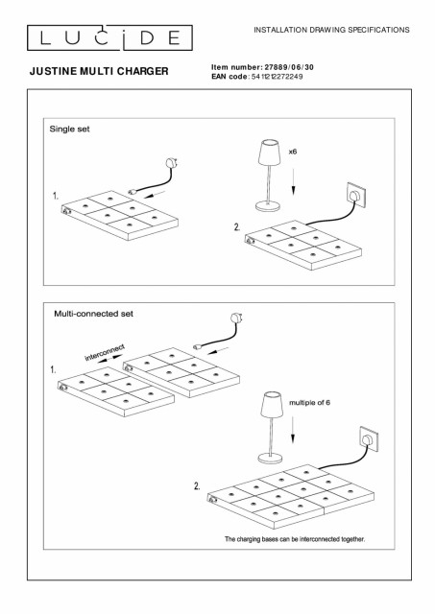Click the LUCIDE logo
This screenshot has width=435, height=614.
109,37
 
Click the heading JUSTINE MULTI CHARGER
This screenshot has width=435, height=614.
99,71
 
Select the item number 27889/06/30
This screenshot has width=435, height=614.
289,67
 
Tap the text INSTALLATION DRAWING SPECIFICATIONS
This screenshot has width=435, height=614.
331,30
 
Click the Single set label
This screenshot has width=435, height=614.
69,129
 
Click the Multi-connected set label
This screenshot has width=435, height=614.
94,314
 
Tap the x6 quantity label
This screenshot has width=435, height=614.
293,152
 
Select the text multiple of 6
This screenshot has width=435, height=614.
309,403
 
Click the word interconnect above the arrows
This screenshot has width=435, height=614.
105,352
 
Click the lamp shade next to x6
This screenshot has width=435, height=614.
270,153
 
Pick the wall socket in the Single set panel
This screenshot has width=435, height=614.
356,194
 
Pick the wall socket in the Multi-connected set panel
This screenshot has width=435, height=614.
369,439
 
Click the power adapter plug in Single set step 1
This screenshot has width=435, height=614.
173,162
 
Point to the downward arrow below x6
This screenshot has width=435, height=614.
293,181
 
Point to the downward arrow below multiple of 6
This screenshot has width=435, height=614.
293,430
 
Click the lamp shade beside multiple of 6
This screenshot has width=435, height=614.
272,404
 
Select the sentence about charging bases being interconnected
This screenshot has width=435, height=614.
295,539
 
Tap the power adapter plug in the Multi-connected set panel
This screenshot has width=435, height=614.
236,318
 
